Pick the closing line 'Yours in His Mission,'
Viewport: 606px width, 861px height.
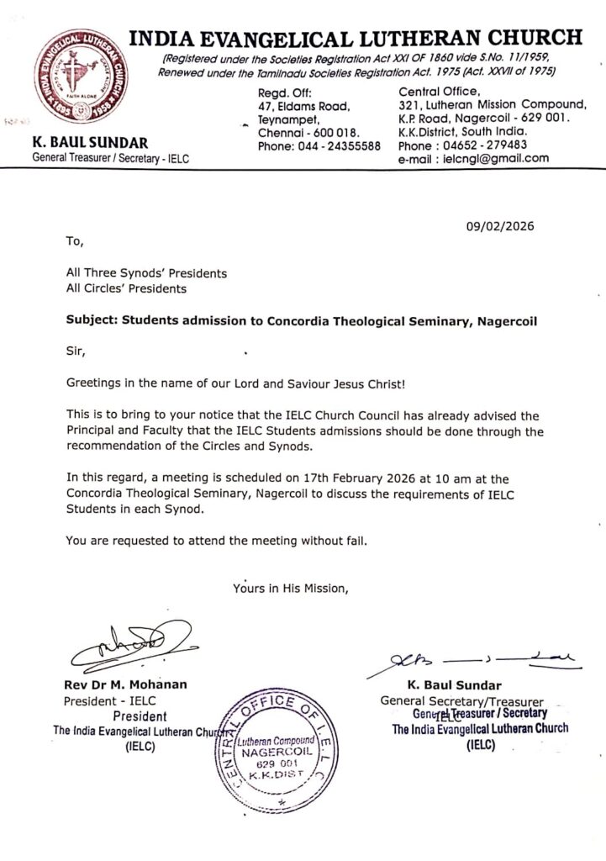tap(289, 589)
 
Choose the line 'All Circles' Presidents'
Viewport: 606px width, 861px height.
tap(126, 288)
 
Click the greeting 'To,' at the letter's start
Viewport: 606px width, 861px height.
tap(74, 241)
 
